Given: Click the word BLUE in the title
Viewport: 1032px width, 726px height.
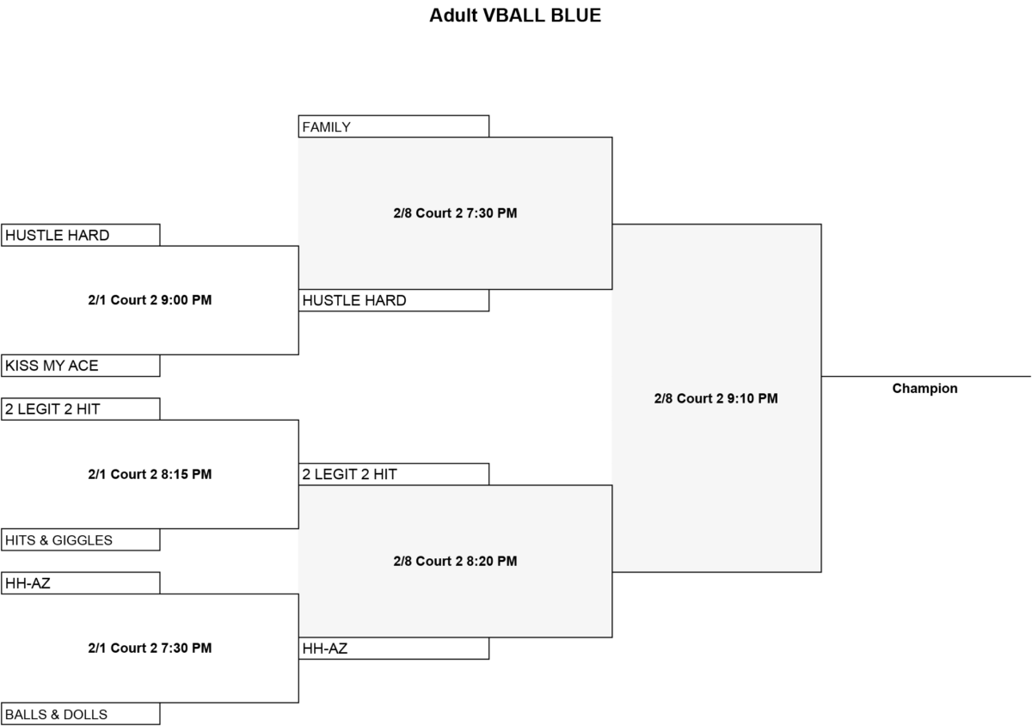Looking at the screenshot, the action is (x=575, y=15).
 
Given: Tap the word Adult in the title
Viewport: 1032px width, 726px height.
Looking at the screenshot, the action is (x=453, y=15).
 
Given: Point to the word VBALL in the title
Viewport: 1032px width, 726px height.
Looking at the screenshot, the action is (x=513, y=15).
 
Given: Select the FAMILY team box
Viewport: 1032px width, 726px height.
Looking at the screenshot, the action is (x=394, y=126).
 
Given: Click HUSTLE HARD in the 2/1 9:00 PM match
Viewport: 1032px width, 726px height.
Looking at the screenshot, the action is (x=81, y=235).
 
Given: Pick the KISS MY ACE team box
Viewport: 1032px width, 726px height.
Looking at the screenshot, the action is (x=81, y=366).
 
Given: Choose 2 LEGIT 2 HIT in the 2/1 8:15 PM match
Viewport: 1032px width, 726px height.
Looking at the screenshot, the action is (x=81, y=409).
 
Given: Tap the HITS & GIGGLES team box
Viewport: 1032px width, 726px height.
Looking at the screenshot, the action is (x=81, y=540).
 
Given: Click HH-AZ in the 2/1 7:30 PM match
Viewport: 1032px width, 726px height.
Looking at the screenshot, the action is (x=81, y=583).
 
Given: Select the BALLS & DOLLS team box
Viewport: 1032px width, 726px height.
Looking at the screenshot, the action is (x=81, y=714).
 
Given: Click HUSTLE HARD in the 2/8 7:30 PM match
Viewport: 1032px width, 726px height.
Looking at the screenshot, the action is (x=394, y=300).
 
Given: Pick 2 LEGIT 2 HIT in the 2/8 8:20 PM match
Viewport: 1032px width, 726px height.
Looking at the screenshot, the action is (x=394, y=474).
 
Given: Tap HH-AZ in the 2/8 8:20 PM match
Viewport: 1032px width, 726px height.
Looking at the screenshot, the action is (x=394, y=649).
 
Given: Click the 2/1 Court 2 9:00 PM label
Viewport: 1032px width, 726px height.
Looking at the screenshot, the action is (x=150, y=300).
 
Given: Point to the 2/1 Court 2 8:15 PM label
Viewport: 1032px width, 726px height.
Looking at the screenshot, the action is (x=150, y=474).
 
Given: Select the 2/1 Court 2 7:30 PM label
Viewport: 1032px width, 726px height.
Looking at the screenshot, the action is (x=150, y=648).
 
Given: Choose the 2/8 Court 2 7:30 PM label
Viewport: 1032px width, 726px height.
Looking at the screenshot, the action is (x=455, y=213).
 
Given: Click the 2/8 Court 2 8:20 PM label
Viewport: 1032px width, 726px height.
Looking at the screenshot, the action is (x=455, y=561).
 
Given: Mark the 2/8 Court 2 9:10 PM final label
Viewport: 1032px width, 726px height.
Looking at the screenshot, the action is (x=716, y=398).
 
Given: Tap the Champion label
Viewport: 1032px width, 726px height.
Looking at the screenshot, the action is (x=924, y=389).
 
